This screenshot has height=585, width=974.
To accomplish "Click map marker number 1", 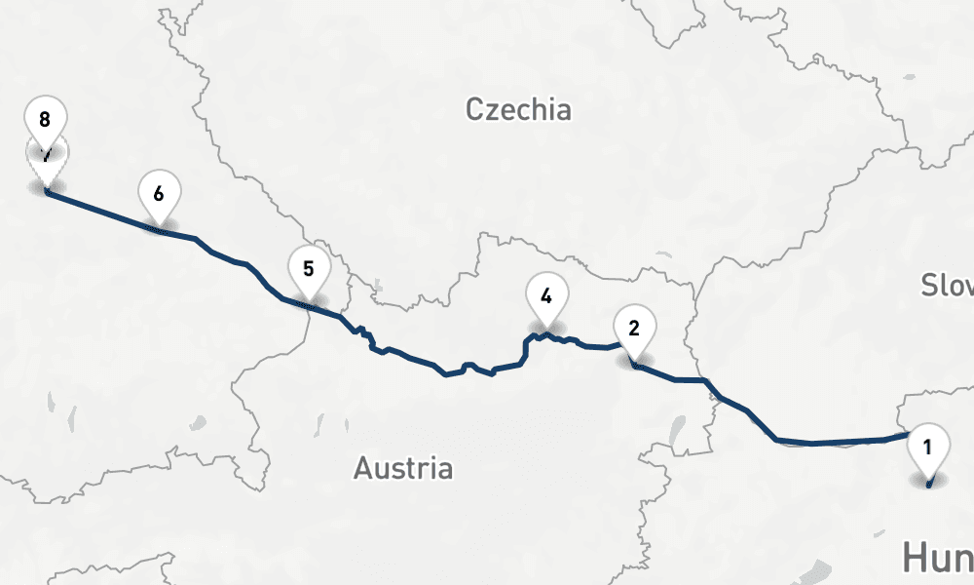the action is [x=927, y=448].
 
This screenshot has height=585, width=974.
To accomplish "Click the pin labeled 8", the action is [x=45, y=119].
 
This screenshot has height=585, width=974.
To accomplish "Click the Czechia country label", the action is [x=517, y=108].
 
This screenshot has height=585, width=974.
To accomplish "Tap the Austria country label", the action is [x=402, y=468].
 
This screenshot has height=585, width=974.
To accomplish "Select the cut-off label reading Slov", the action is [x=948, y=285].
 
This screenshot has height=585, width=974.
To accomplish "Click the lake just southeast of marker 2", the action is [x=674, y=427].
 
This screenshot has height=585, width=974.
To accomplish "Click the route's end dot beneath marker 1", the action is [x=928, y=483].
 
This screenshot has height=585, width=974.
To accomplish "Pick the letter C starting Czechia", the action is [x=474, y=109].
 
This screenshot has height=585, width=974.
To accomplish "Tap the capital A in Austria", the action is [x=362, y=469].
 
